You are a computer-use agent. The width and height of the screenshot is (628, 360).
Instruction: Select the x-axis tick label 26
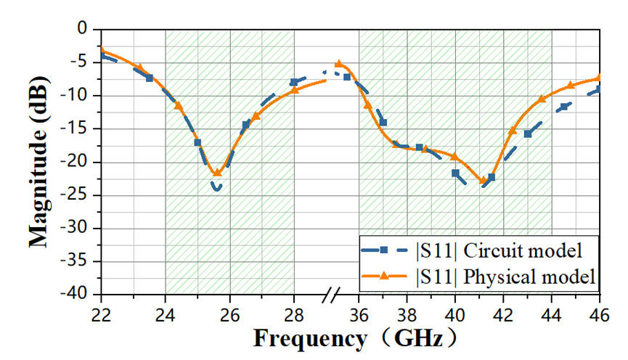point(230,316)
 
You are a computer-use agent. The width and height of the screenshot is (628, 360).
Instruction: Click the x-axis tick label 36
point(359,316)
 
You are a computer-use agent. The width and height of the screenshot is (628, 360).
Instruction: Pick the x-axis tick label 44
point(552,316)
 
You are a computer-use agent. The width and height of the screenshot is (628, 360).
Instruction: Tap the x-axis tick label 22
point(101,316)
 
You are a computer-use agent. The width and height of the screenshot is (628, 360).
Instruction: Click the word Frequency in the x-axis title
point(309,338)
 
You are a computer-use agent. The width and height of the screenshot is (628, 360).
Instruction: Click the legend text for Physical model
point(506,276)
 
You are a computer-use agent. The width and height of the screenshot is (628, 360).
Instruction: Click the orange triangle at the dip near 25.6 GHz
point(217,172)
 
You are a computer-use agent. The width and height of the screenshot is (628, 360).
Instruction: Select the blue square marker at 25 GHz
point(197,142)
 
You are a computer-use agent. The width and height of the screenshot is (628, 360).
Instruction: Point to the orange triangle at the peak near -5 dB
point(339,64)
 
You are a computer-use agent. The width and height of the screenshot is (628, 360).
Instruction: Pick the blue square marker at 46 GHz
point(600,89)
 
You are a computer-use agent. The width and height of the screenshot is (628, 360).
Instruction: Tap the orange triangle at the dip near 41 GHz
point(482,180)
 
